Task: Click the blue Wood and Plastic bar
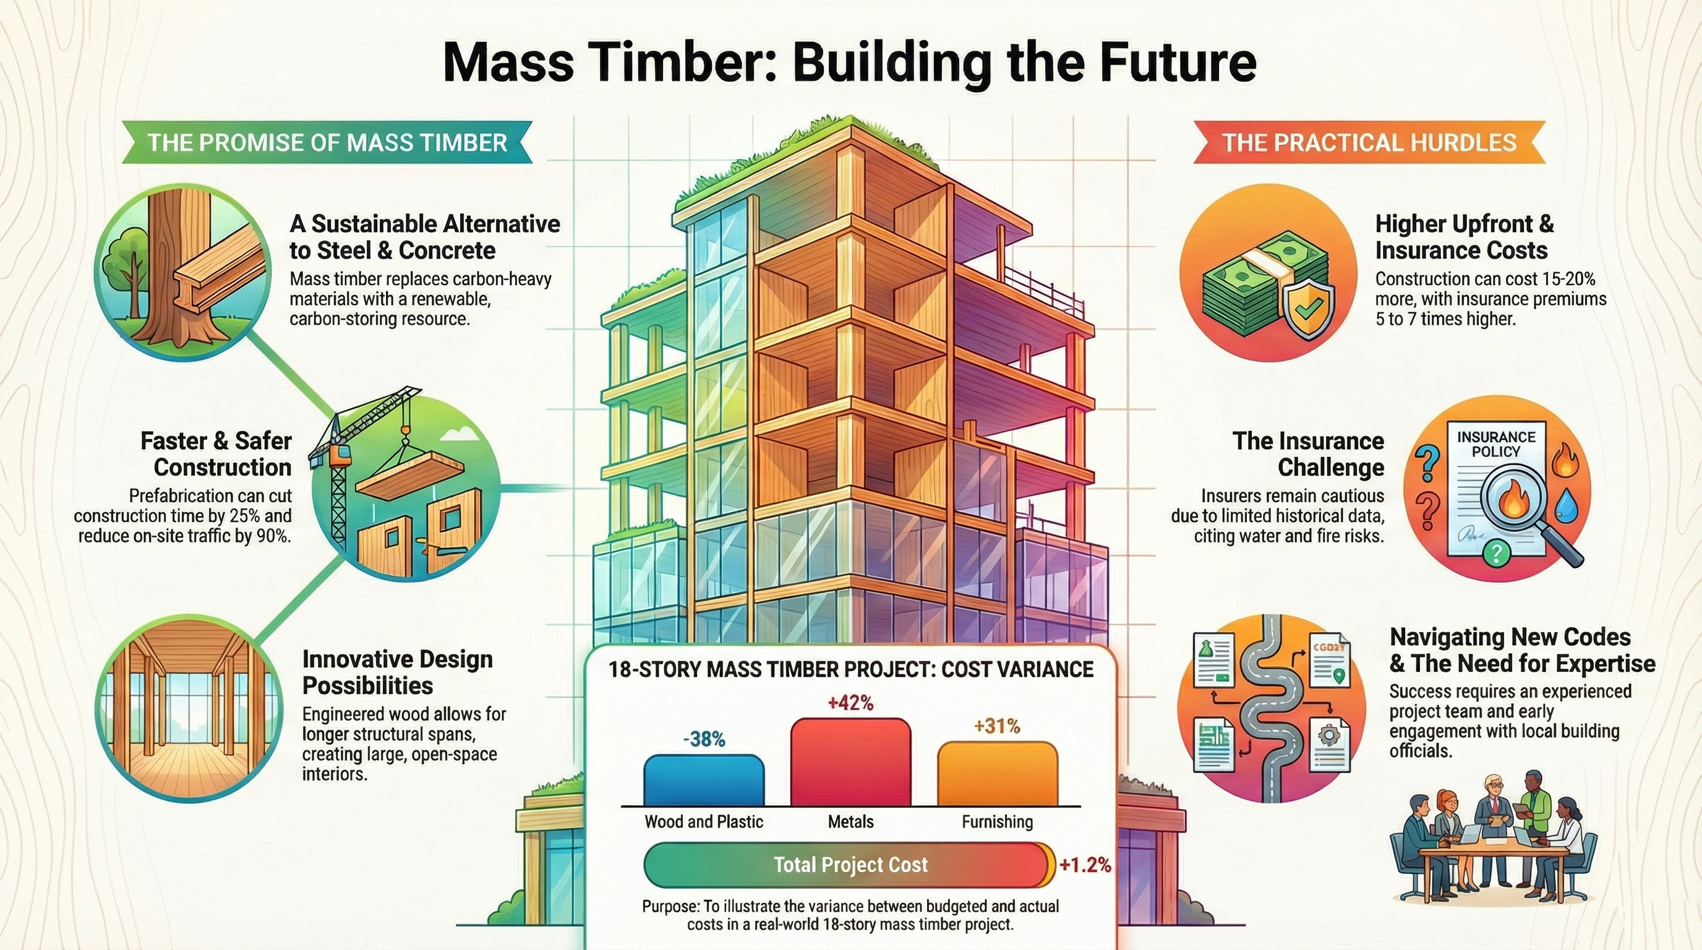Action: tap(704, 781)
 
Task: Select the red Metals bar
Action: tap(850, 763)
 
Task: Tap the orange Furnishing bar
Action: tap(997, 774)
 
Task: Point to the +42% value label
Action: tap(850, 703)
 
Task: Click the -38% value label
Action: tap(704, 739)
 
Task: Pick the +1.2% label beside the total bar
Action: tap(1084, 865)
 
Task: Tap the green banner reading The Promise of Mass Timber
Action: tap(327, 142)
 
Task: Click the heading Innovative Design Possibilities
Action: tap(398, 672)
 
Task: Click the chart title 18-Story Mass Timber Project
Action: tap(850, 669)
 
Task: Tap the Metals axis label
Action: tap(850, 822)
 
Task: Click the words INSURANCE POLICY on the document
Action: tap(1496, 444)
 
